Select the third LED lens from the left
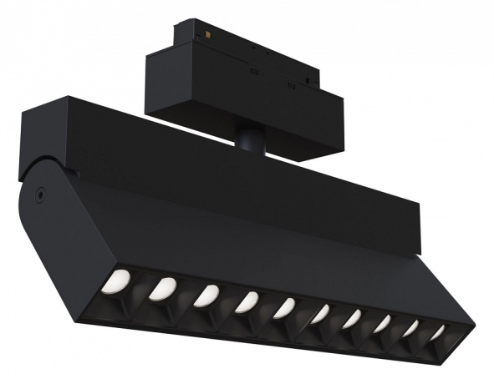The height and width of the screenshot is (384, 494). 206,295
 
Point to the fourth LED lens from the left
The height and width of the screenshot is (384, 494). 247,301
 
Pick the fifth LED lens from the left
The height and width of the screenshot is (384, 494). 285,307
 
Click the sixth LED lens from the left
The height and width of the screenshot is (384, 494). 320,313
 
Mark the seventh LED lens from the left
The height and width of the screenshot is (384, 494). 352,318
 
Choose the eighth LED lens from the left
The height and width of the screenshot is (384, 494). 382,323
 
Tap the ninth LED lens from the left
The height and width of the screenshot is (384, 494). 410,328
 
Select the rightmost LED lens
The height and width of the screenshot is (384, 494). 436,332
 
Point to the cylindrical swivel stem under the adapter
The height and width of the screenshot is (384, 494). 247,139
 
